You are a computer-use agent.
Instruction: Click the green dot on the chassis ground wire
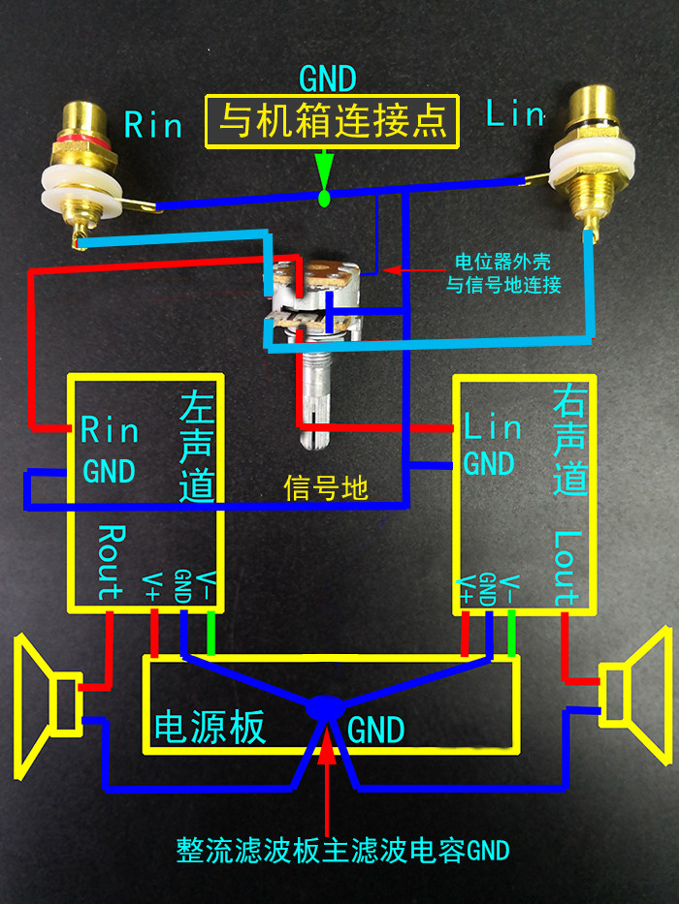coord(325,199)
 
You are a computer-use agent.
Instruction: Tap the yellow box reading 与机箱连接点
coord(332,122)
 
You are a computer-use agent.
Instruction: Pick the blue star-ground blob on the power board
coord(325,708)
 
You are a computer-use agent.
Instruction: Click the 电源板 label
coord(210,727)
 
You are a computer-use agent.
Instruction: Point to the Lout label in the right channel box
coord(566,568)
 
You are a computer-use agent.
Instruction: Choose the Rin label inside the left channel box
coord(109,429)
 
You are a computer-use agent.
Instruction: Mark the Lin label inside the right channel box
coord(493,427)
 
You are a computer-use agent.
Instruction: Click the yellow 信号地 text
coord(326,487)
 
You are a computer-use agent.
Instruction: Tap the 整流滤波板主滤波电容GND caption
coord(343,851)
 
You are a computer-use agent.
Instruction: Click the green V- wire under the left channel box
coord(210,633)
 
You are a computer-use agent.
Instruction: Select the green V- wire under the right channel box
coord(511,633)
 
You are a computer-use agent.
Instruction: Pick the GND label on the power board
coord(376,730)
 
